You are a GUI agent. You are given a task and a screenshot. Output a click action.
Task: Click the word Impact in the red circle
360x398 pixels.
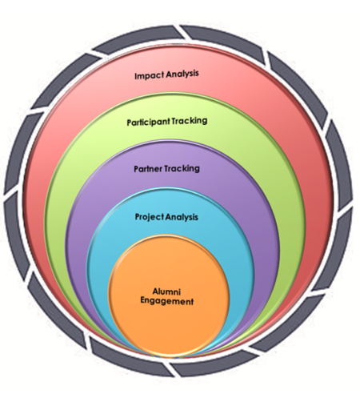point(149,75)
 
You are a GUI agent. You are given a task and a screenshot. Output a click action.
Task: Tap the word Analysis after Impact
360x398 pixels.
point(182,74)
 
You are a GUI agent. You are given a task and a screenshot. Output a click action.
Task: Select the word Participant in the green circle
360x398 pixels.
point(148,123)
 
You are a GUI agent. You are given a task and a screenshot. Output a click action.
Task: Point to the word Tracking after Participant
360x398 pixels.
point(190,121)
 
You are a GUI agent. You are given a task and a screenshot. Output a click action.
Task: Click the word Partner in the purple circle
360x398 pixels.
point(148,169)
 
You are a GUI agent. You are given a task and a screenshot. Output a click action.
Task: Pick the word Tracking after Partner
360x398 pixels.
point(182,169)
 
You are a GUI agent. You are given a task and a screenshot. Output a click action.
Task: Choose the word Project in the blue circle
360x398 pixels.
point(149,217)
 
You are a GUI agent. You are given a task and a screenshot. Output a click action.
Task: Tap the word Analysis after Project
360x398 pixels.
point(182,217)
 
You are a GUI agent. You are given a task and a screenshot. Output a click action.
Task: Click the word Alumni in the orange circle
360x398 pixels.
point(166,291)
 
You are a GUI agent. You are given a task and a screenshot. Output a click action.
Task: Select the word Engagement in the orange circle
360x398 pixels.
point(166,302)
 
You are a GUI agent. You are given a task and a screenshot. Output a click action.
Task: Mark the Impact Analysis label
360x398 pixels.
point(166,74)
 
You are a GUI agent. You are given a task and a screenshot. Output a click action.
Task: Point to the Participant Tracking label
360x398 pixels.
point(167,122)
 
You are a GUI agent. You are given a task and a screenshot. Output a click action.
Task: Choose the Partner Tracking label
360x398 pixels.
point(166,169)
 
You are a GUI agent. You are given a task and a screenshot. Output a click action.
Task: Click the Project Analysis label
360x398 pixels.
point(166,217)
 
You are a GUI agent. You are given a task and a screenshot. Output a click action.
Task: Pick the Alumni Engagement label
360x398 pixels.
point(166,297)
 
